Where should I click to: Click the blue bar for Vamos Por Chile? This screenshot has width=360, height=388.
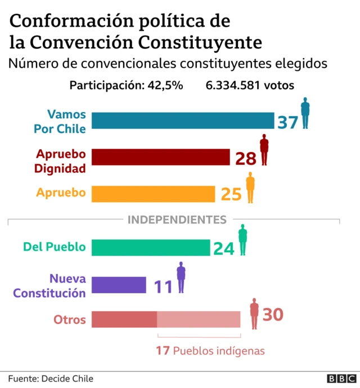[x=183, y=121]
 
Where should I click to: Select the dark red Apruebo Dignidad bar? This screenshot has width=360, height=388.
[x=161, y=157]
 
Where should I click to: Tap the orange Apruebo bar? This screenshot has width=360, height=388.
[x=153, y=193]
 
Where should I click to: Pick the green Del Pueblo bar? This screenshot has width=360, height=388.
[x=150, y=247]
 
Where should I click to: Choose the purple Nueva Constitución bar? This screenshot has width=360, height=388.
[x=119, y=285]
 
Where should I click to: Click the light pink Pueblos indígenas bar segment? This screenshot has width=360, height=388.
[x=199, y=319]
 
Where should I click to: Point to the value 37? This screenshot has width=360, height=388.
[x=287, y=121]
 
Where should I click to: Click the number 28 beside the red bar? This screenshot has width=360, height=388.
[x=246, y=158]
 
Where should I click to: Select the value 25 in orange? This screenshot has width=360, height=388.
[x=231, y=194]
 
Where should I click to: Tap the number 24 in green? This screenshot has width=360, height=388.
[x=223, y=248]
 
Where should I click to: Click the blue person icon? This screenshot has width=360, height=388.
[x=305, y=113]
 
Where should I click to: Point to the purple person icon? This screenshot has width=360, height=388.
[x=181, y=277]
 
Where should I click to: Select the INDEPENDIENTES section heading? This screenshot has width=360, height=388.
[x=177, y=219]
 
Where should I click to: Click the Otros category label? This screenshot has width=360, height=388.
[x=70, y=320]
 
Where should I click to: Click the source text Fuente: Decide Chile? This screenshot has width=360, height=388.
[x=51, y=378]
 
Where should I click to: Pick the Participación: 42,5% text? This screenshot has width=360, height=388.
[x=126, y=86]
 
